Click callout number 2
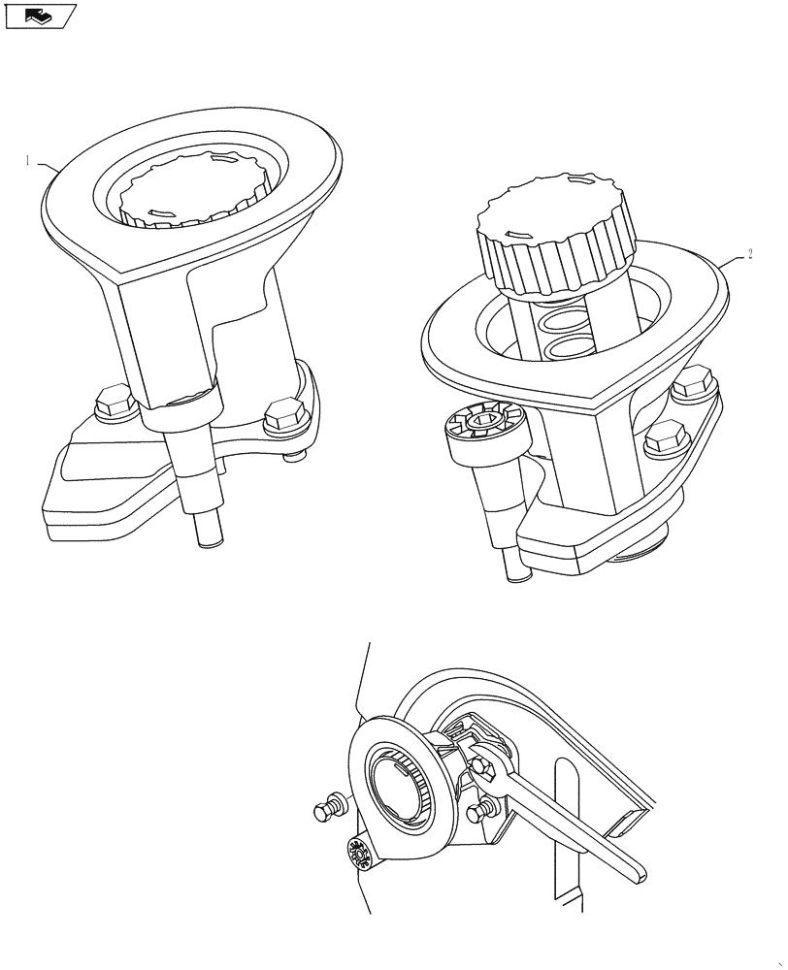coord(750,255)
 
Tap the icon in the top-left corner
coord(39,15)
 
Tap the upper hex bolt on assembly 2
coord(692,386)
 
